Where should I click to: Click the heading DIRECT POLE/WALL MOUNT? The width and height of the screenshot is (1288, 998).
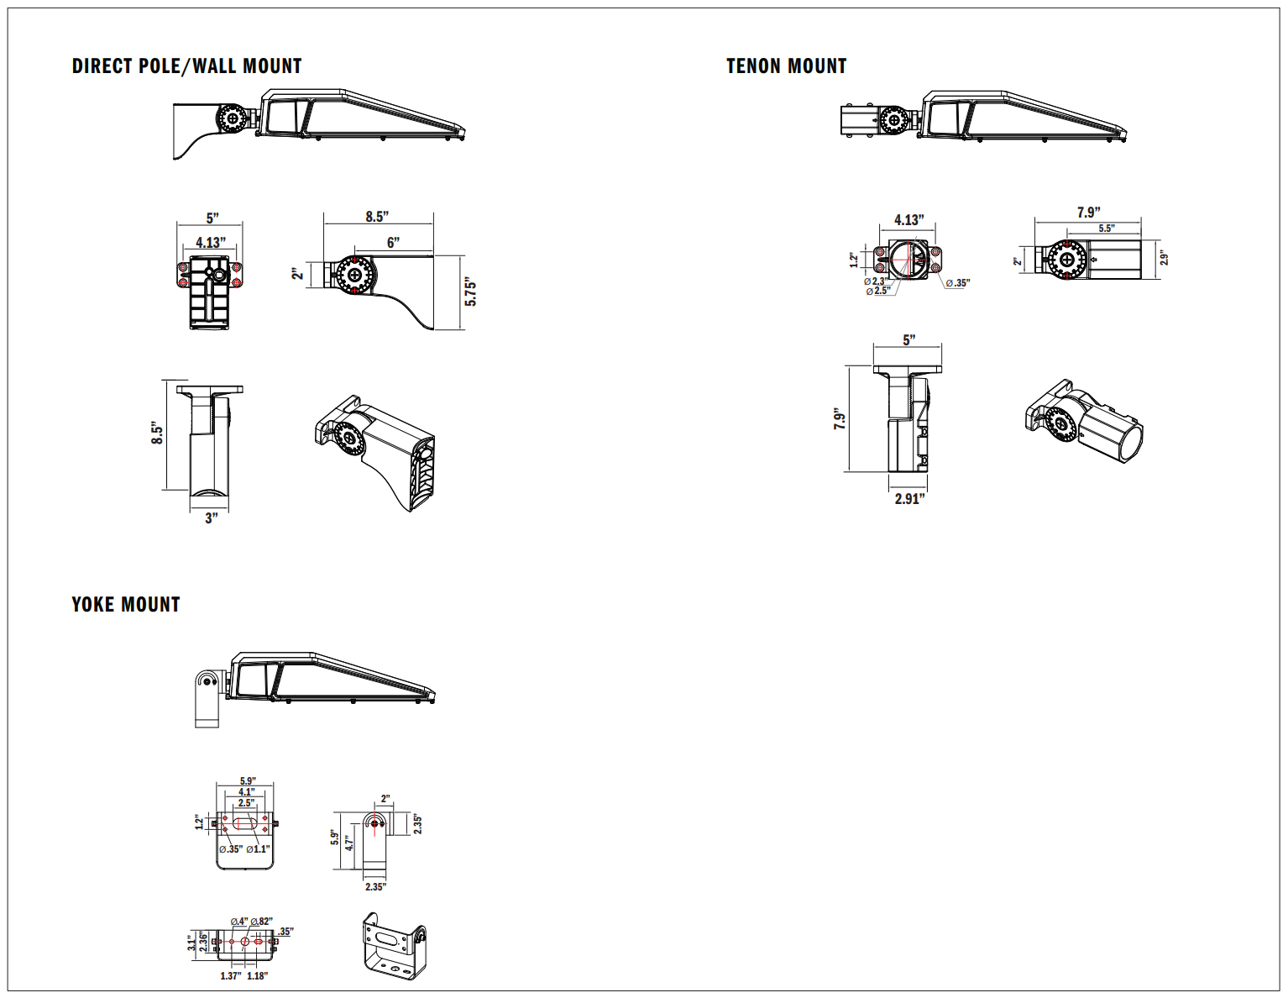click(186, 66)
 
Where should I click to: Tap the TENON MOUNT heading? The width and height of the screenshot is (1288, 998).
click(786, 66)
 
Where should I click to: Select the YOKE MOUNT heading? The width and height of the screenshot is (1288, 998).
click(126, 605)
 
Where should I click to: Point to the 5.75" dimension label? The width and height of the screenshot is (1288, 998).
click(471, 293)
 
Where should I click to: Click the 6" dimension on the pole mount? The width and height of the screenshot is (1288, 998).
click(393, 243)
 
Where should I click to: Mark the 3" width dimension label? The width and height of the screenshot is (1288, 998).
click(211, 518)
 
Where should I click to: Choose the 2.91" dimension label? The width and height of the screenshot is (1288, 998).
click(909, 499)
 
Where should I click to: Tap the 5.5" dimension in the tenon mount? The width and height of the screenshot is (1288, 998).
click(1107, 228)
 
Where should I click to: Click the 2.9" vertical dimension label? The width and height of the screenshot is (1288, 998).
click(1165, 258)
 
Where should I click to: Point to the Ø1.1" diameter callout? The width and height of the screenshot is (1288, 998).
click(259, 849)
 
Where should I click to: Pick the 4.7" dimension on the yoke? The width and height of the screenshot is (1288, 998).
click(349, 843)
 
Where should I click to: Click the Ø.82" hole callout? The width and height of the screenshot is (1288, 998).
click(261, 922)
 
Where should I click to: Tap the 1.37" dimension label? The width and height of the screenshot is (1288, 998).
click(230, 976)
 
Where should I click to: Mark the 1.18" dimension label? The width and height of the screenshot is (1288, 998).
click(257, 976)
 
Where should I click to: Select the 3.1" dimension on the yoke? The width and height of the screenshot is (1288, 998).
click(191, 943)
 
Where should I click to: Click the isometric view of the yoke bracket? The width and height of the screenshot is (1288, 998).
click(394, 946)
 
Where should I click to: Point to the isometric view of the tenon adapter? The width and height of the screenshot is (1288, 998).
click(1084, 423)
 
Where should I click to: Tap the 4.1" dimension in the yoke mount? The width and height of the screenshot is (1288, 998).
click(246, 791)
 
